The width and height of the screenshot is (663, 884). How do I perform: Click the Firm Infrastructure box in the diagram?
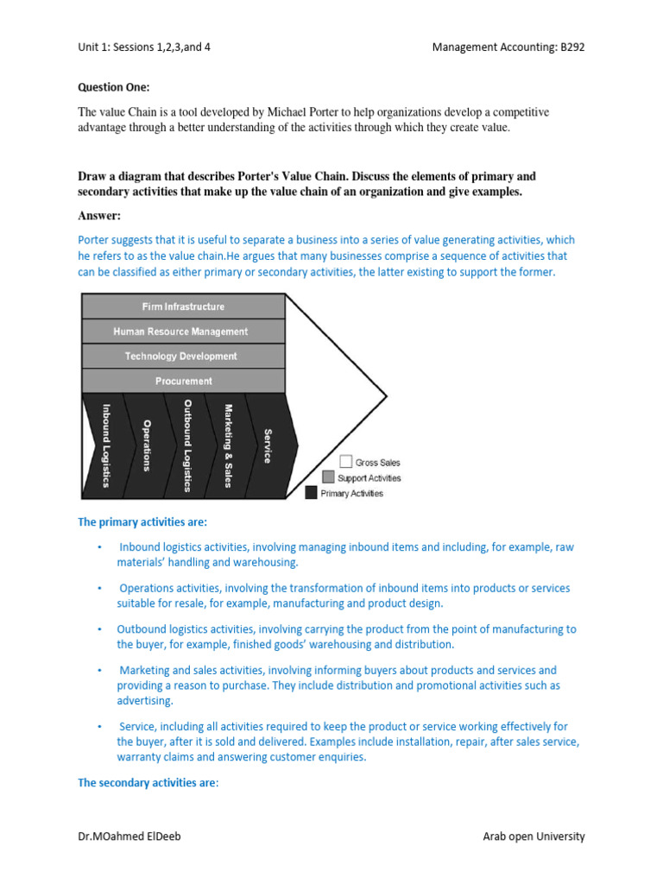[x=182, y=306]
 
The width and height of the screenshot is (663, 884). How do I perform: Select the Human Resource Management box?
[x=182, y=331]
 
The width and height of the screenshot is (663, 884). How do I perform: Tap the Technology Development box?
[x=182, y=356]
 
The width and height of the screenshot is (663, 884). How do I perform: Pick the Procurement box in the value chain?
[x=182, y=381]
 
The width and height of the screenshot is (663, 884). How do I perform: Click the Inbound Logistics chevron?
[x=104, y=445]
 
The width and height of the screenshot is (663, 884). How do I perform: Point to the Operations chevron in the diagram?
[x=146, y=445]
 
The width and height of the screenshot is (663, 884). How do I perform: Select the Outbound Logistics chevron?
[x=186, y=445]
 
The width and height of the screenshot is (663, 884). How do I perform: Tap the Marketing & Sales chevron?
[x=227, y=445]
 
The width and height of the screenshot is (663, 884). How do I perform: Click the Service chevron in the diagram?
[x=268, y=445]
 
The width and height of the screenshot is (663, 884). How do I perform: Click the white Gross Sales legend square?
[x=345, y=462]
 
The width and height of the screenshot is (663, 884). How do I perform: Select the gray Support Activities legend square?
[x=328, y=477]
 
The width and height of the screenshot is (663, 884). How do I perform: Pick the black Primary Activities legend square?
[x=312, y=493]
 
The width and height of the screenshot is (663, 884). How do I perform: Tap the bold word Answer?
[x=100, y=215]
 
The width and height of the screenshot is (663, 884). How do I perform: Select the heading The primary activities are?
[x=142, y=522]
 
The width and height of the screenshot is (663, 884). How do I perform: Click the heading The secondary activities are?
[x=148, y=783]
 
